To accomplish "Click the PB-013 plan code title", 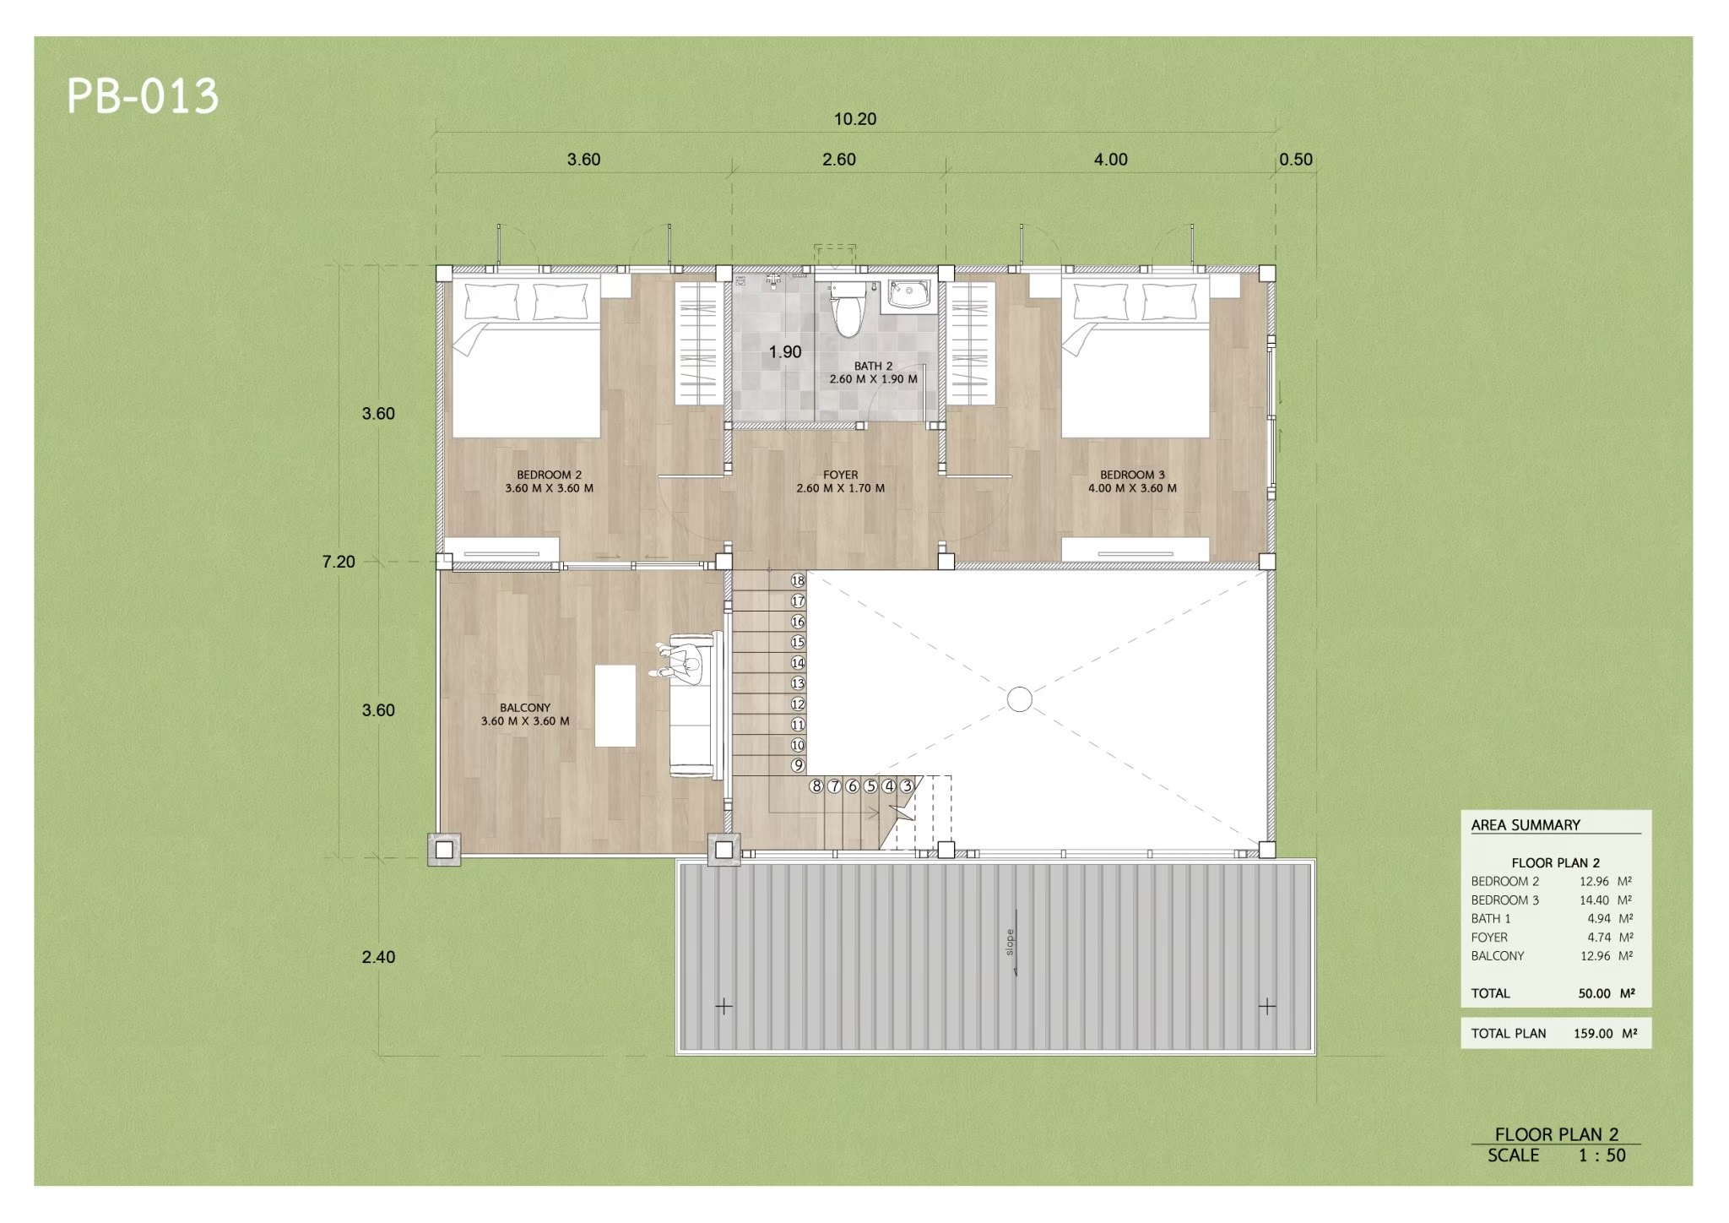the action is tap(143, 96).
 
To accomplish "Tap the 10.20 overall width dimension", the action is tap(855, 119).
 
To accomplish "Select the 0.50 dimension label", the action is tap(1296, 160).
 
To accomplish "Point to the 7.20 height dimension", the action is tap(339, 562).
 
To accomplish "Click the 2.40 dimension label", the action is tap(378, 957).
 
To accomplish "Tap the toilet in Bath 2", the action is tap(847, 309).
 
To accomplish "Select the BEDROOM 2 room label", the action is tap(550, 475).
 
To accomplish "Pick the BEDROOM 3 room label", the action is tap(1132, 475).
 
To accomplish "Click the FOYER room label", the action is tap(841, 475).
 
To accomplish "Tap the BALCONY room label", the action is tap(525, 708).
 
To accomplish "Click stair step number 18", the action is tap(798, 580).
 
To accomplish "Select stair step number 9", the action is tap(798, 765).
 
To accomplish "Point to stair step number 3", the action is tap(907, 786).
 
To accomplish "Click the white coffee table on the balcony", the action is tap(615, 705).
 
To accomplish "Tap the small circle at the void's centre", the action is tap(1020, 699).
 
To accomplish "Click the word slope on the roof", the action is tap(1010, 943).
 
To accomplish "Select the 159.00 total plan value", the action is tap(1593, 1033).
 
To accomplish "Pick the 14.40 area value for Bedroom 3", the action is tap(1594, 900).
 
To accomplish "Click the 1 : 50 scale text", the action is tap(1602, 1155).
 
